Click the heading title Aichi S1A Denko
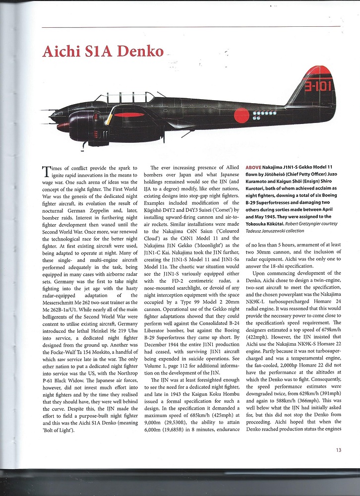click(103, 52)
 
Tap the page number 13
click(338, 450)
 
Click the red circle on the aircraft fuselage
click(241, 115)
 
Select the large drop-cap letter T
click(48, 172)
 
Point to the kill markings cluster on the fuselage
click(263, 116)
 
